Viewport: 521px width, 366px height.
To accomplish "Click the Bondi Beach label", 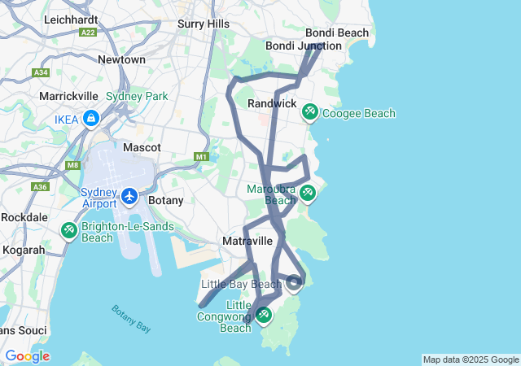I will click(x=336, y=33).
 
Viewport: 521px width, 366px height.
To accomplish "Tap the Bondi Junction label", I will click(x=303, y=46).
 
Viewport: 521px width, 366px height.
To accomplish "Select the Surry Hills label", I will click(x=204, y=24).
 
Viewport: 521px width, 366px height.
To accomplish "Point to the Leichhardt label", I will click(x=71, y=19).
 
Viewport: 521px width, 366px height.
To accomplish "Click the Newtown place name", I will click(x=121, y=59).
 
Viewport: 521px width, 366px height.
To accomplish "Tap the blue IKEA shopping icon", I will click(x=90, y=119).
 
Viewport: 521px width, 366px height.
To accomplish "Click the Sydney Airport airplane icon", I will click(x=129, y=196).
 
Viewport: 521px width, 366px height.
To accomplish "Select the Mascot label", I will click(x=142, y=148).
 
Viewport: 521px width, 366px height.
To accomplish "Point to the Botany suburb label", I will click(x=165, y=200).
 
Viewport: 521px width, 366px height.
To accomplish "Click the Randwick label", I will click(x=272, y=104).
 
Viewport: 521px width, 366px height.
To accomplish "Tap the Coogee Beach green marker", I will click(x=309, y=111).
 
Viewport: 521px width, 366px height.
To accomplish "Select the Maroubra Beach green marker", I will click(x=307, y=193).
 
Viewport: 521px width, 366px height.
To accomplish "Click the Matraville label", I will click(x=247, y=242).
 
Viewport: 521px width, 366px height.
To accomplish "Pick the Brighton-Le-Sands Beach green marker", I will click(x=69, y=231).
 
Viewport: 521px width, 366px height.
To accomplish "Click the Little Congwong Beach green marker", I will click(x=264, y=315).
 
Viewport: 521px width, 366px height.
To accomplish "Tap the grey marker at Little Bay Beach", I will click(x=295, y=284).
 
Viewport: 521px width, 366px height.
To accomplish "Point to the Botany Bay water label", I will click(x=131, y=318).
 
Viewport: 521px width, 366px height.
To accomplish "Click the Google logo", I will click(x=27, y=356).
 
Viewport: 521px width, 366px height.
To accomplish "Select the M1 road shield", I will click(x=202, y=156).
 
